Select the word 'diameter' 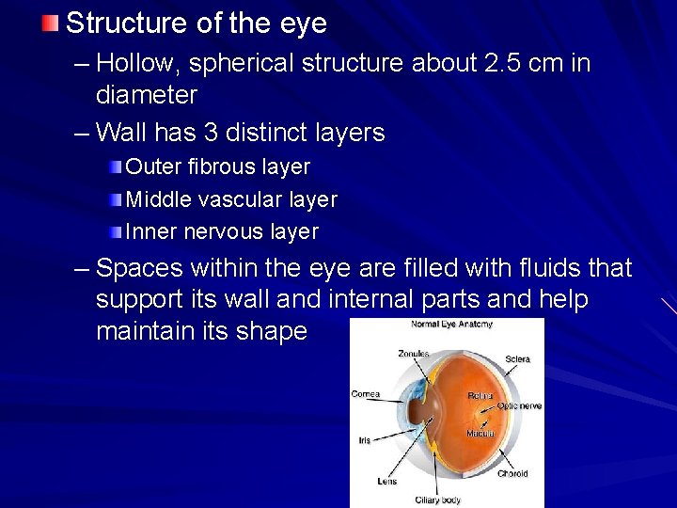pyautogui.click(x=147, y=95)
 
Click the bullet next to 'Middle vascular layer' pyautogui.click(x=114, y=199)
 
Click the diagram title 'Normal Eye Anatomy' pyautogui.click(x=451, y=325)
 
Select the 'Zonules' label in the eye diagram pyautogui.click(x=413, y=355)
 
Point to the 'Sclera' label pyautogui.click(x=517, y=359)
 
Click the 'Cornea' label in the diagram pyautogui.click(x=365, y=394)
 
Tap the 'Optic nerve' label pyautogui.click(x=519, y=406)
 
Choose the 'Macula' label pyautogui.click(x=480, y=434)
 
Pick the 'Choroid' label pyautogui.click(x=512, y=474)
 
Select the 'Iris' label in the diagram pyautogui.click(x=364, y=439)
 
